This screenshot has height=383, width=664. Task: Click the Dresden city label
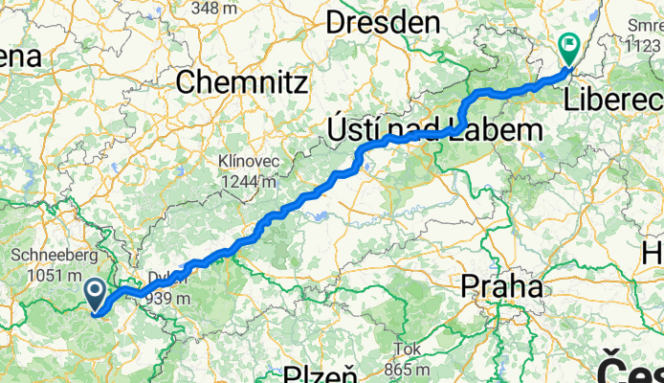pos(384,23)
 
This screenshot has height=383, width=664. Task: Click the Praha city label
pos(502,285)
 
